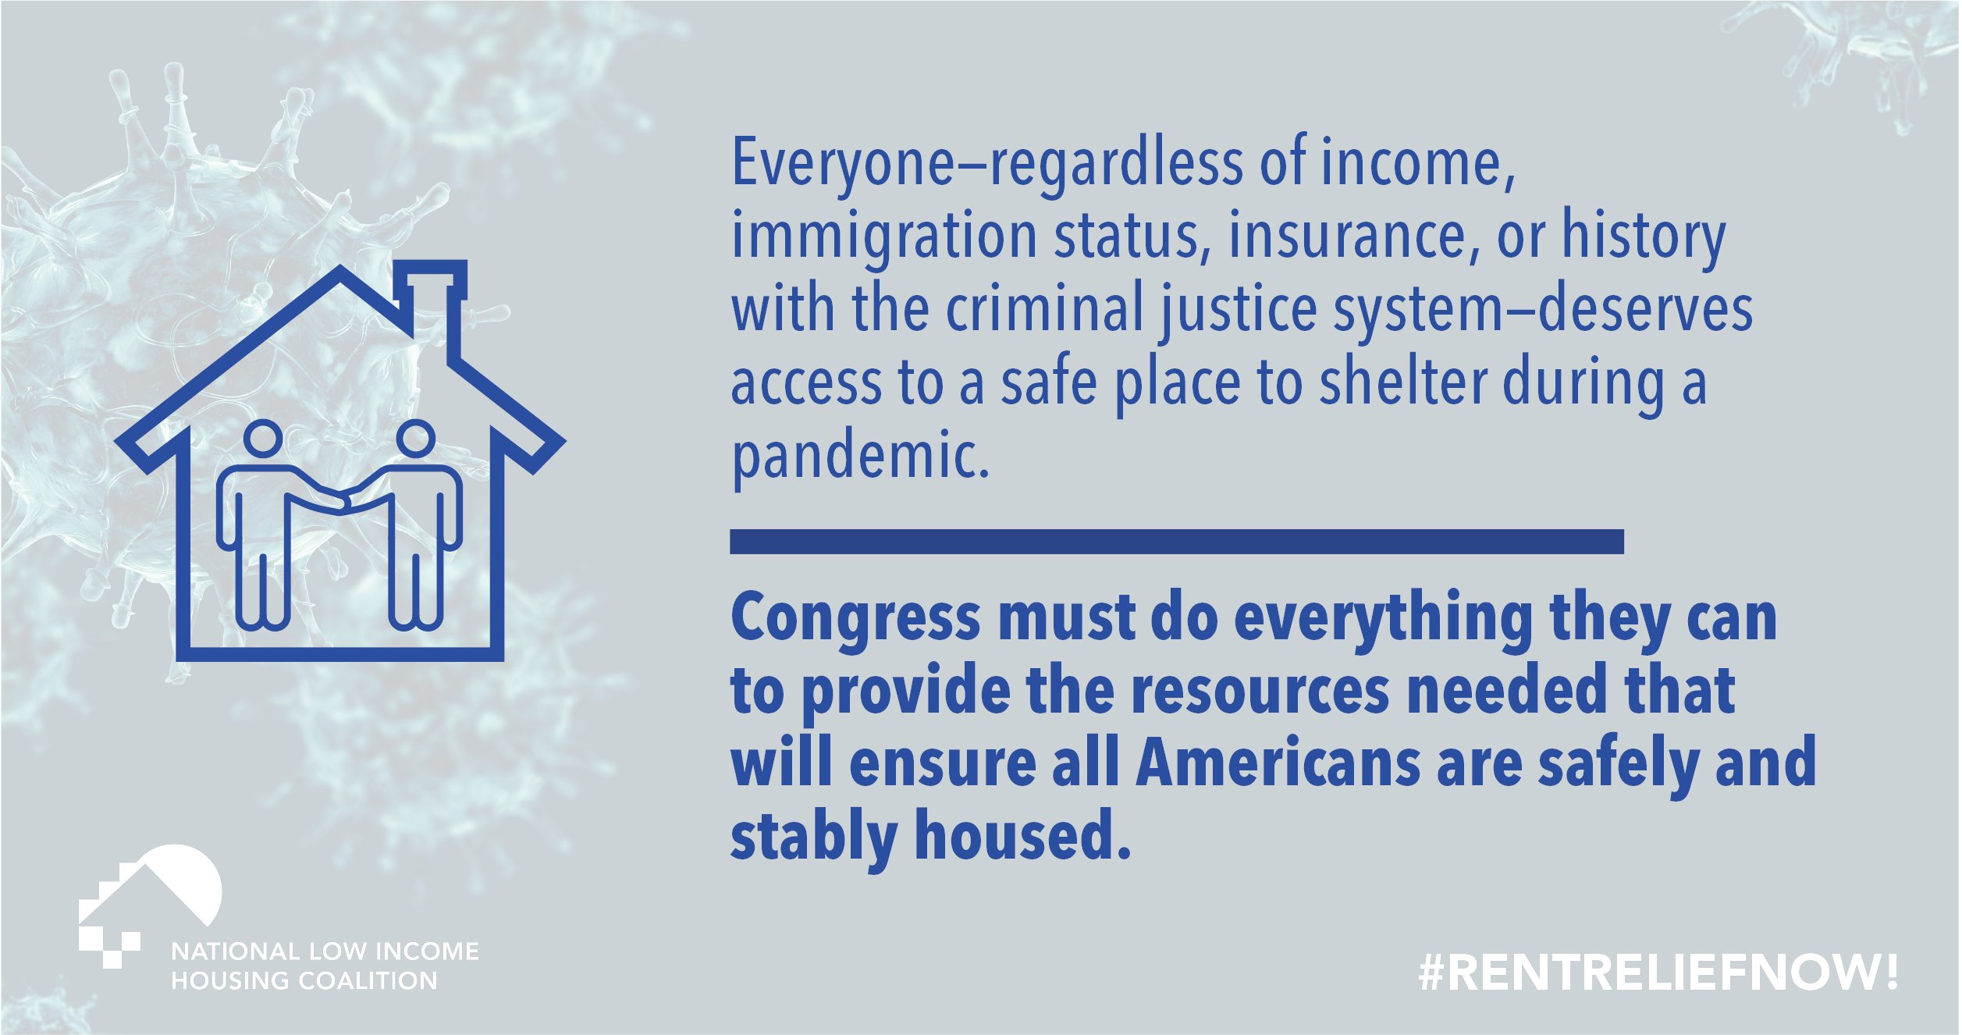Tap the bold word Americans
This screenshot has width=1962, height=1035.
1278,763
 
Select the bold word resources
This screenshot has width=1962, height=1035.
1260,691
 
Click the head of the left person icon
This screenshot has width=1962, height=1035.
263,439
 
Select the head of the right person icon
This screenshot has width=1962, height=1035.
415,439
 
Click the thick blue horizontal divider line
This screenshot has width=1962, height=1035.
1177,542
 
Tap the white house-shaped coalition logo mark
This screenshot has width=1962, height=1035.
148,905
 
